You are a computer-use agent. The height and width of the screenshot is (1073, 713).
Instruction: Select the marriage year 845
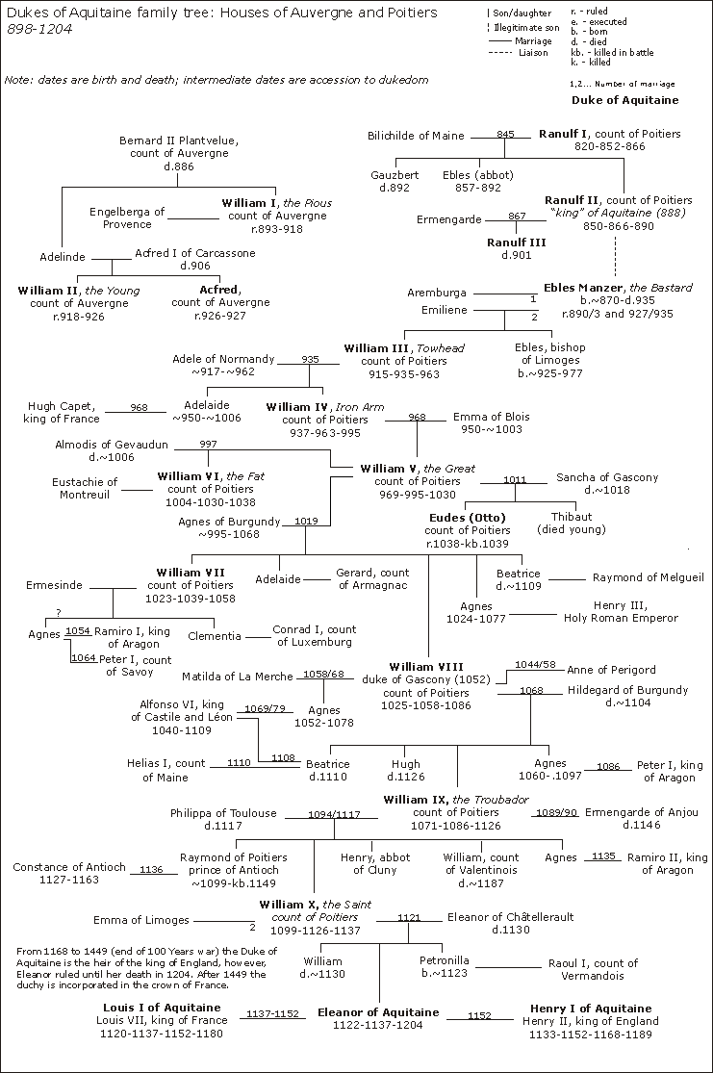coord(505,135)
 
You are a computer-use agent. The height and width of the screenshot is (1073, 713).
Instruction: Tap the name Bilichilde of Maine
coord(416,136)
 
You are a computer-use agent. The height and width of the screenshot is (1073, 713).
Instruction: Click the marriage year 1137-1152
coord(273,1014)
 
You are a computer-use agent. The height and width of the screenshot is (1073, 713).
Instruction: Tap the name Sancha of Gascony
coord(607,477)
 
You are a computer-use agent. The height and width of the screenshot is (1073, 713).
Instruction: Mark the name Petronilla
coord(444,960)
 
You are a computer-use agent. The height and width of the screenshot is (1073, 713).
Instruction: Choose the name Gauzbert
coord(395,175)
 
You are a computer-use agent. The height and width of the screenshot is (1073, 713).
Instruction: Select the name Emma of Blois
coord(491,417)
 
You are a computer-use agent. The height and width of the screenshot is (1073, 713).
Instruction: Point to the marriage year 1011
coord(515,478)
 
